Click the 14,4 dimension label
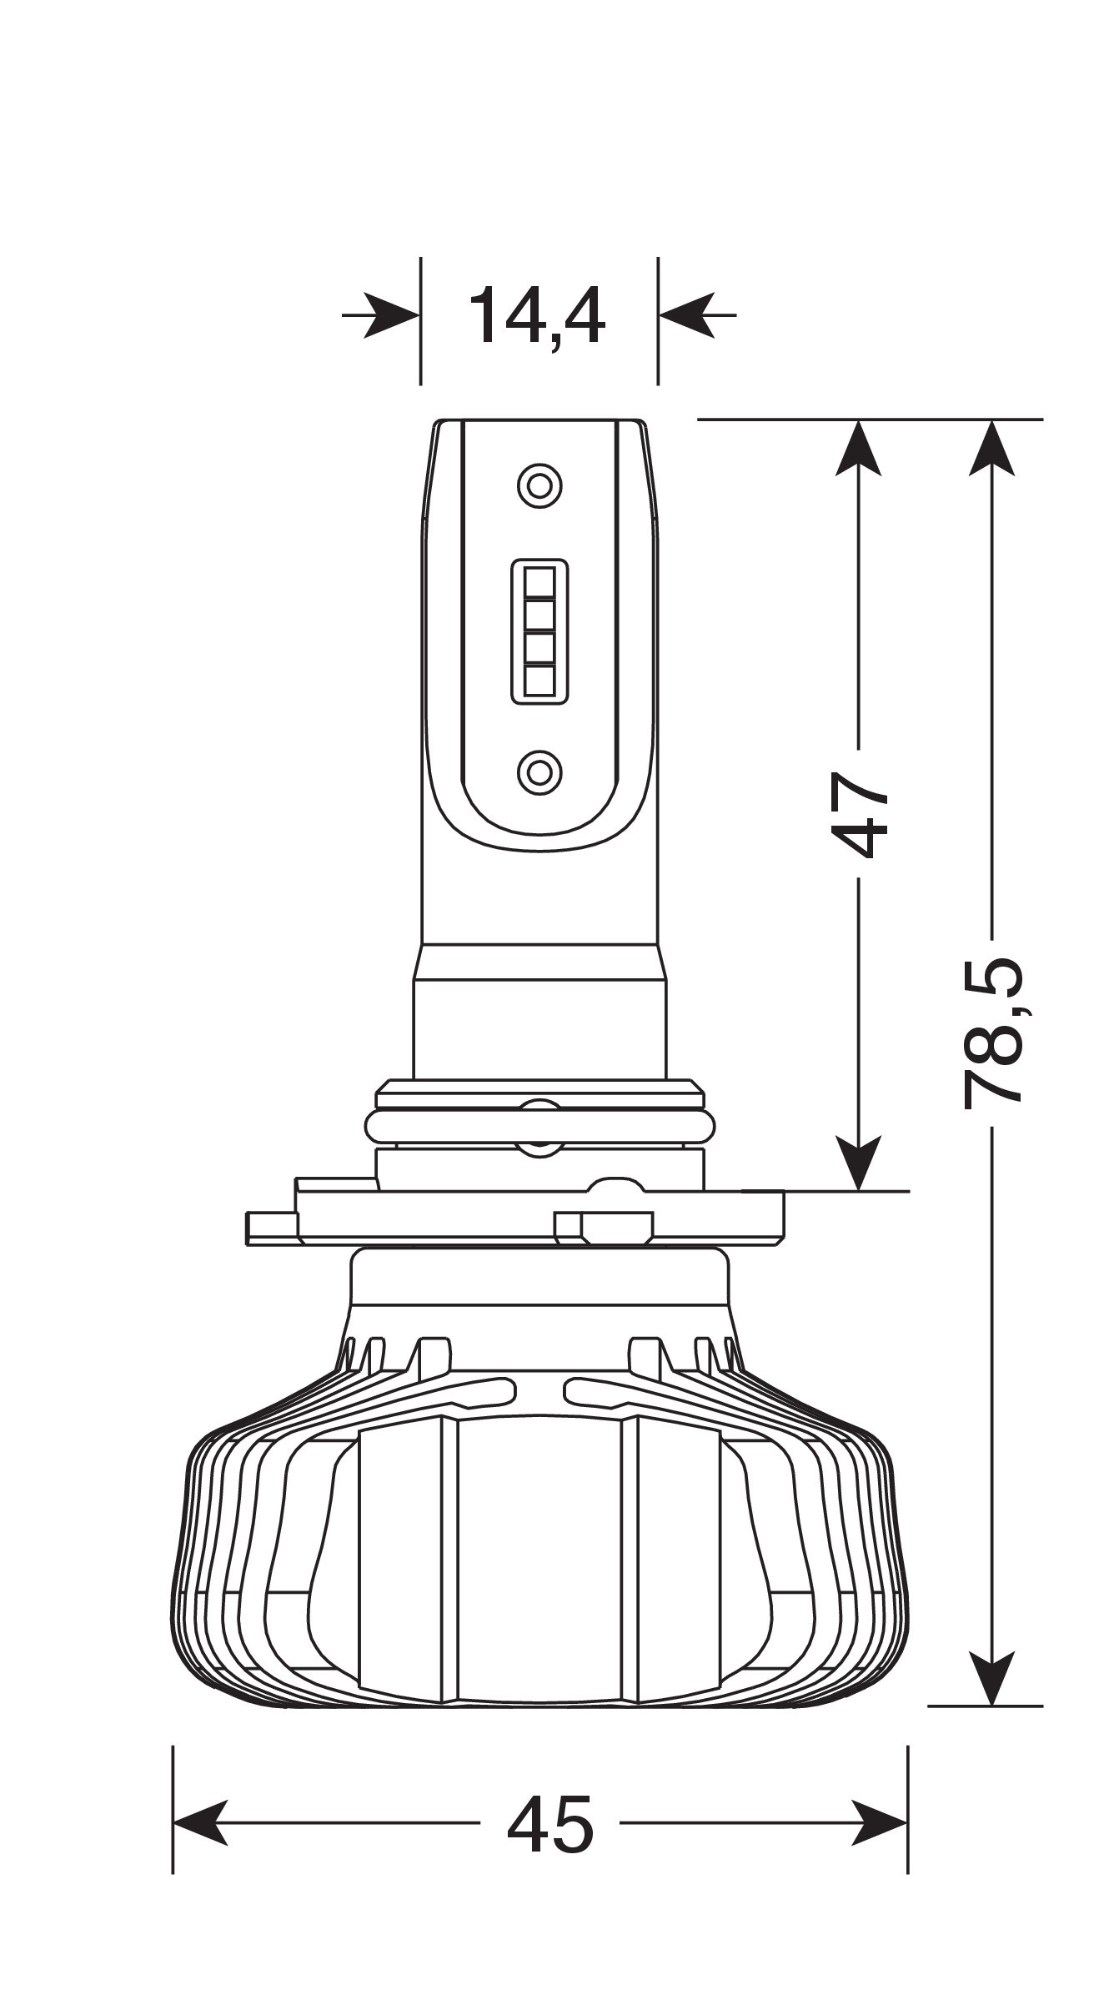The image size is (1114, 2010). pos(536,317)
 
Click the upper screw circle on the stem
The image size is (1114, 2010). pos(539,485)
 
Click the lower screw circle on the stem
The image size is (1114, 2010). pos(539,771)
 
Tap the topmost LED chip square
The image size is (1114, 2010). pos(539,581)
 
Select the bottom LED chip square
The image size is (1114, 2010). pos(539,681)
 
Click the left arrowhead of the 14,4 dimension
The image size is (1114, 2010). pos(392,316)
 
